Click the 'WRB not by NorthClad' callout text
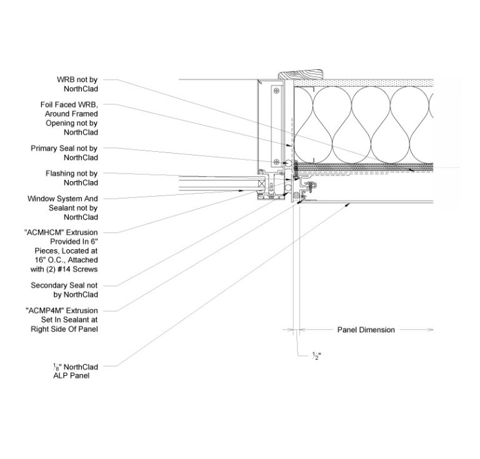click(x=77, y=84)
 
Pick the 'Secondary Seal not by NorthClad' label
click(x=64, y=290)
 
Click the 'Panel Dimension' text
click(x=366, y=330)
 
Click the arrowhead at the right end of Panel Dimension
click(x=431, y=329)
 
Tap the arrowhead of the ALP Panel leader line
click(x=346, y=204)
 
